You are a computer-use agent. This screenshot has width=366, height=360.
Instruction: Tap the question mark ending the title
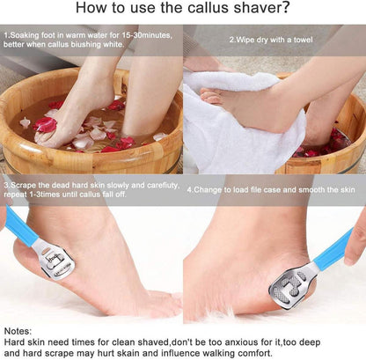pyautogui.click(x=285, y=8)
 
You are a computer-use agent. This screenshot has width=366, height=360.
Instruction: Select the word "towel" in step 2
pyautogui.click(x=303, y=40)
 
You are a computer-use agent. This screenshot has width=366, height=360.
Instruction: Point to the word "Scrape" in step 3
pyautogui.click(x=22, y=186)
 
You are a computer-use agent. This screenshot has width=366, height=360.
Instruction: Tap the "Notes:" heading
pyautogui.click(x=18, y=331)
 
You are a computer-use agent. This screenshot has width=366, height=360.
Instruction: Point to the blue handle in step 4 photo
pyautogui.click(x=333, y=249)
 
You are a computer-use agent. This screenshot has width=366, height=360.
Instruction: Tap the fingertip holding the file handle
pyautogui.click(x=353, y=257)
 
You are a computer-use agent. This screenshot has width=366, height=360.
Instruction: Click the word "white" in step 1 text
pyautogui.click(x=113, y=45)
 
